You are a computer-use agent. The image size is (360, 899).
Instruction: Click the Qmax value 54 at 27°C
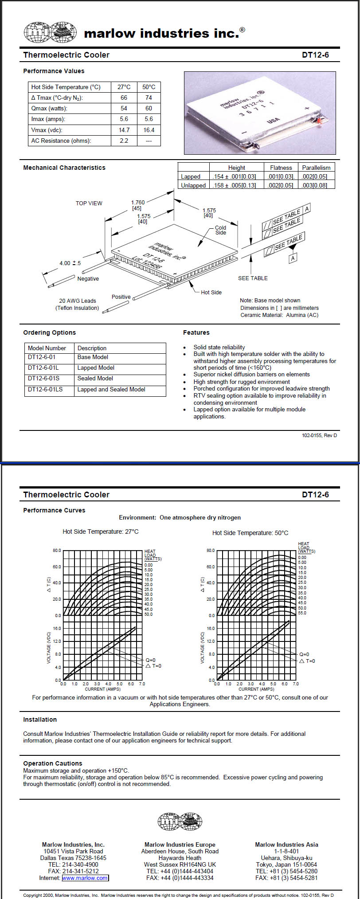pyautogui.click(x=124, y=108)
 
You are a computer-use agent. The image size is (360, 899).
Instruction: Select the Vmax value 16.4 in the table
pyautogui.click(x=149, y=130)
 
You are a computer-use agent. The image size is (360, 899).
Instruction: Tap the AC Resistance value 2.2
pyautogui.click(x=124, y=141)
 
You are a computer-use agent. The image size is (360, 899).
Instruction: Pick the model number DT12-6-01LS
pyautogui.click(x=45, y=389)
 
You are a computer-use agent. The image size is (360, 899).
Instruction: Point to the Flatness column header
pyautogui.click(x=281, y=168)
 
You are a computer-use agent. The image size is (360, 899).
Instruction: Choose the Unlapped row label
pyautogui.click(x=193, y=185)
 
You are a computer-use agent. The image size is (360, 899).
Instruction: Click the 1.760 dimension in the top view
pyautogui.click(x=138, y=203)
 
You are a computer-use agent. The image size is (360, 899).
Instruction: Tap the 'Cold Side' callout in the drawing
pyautogui.click(x=220, y=230)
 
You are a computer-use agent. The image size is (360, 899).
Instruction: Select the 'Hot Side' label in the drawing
pyautogui.click(x=211, y=292)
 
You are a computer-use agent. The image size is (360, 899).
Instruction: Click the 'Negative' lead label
pyautogui.click(x=88, y=278)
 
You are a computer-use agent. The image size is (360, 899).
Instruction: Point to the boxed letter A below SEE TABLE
pyautogui.click(x=293, y=258)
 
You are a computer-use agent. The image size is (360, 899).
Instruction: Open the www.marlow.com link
pyautogui.click(x=85, y=878)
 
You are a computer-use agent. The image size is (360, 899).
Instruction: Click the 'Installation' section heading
pyautogui.click(x=40, y=719)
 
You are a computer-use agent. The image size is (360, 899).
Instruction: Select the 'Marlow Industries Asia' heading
pyautogui.click(x=286, y=844)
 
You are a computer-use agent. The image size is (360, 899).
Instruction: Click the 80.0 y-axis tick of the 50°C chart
pyautogui.click(x=210, y=551)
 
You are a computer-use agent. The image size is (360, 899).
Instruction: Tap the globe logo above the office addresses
pyautogui.click(x=180, y=821)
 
